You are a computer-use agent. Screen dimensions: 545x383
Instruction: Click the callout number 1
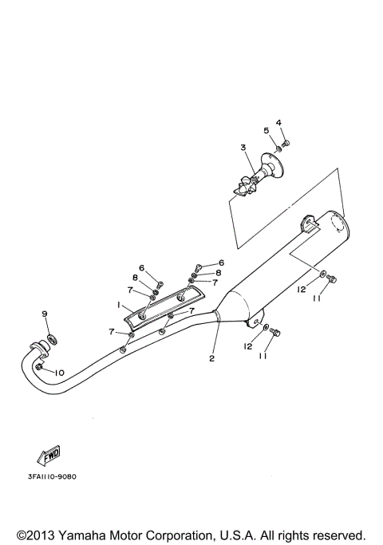point(118,304)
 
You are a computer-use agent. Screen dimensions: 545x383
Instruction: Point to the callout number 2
point(212,357)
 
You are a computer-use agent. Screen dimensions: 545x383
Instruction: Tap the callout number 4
point(279,122)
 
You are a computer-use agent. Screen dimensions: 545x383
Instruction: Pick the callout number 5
point(267,130)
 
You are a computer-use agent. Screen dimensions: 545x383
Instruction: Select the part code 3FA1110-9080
point(51,476)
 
